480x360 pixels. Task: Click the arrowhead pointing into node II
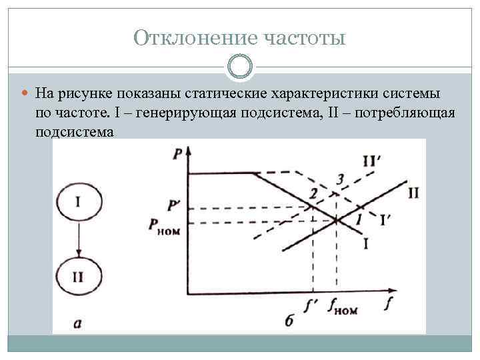tap(79, 253)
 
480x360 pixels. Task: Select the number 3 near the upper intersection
tap(340, 179)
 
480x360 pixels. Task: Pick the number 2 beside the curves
tap(312, 193)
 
